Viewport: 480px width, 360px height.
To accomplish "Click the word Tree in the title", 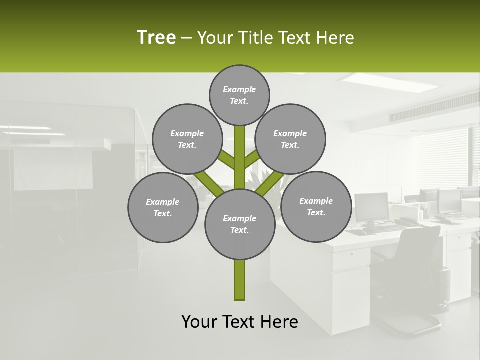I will coord(156,37).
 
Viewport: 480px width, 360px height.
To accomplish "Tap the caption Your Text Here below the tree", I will coord(239,322).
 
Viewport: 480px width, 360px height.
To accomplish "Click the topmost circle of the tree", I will coord(239,95).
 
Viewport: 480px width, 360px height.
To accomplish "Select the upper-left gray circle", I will coord(187,139).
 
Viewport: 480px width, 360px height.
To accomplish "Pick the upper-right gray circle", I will coord(290,139).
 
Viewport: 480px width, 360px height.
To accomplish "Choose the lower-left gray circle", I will coord(163,207).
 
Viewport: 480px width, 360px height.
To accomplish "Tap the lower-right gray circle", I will coord(316,206).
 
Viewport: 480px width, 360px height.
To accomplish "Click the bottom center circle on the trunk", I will coord(240,224).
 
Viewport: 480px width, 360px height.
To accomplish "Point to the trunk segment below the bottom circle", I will coord(240,280).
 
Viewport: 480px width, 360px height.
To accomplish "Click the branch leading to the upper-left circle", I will coord(226,159).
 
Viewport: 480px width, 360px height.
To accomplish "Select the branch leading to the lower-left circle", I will coord(209,183).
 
